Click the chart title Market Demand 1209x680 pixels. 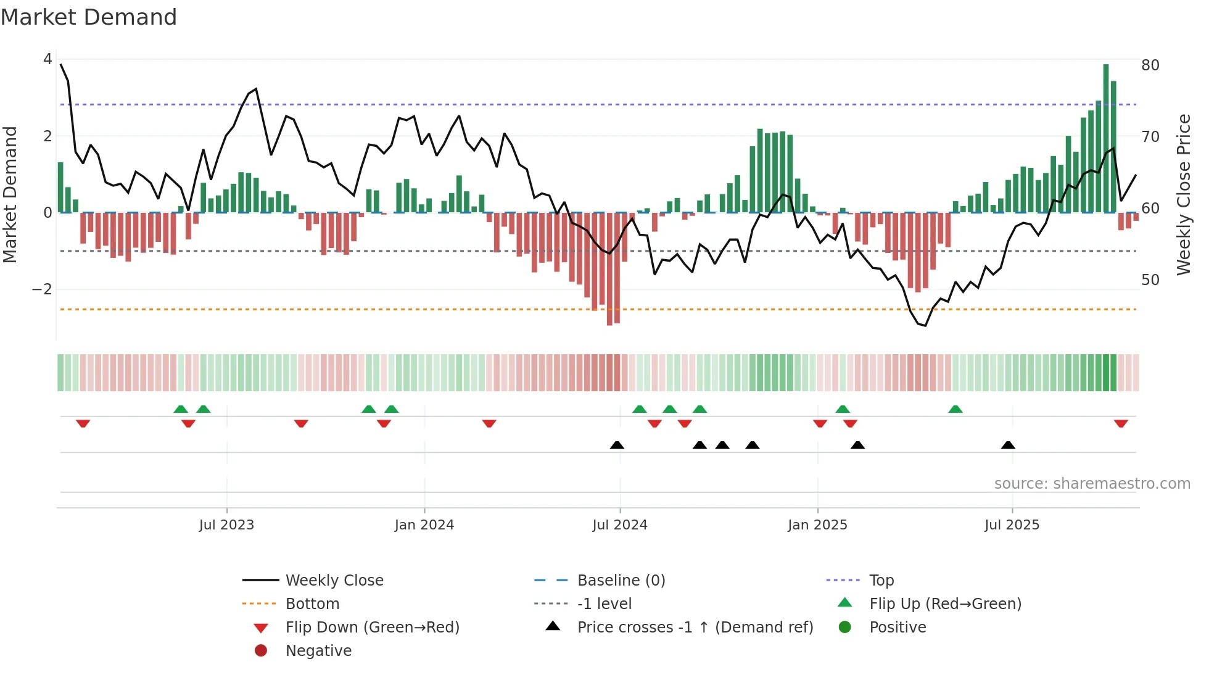coord(89,17)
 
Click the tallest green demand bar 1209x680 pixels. coord(1106,138)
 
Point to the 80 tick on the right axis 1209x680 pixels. coord(1150,65)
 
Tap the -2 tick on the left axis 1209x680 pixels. coord(42,289)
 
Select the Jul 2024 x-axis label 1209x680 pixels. coord(620,525)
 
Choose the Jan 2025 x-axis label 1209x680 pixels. coord(817,525)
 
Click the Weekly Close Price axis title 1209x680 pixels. coord(1183,194)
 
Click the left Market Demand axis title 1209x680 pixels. coord(10,194)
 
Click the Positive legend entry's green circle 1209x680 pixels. coord(845,628)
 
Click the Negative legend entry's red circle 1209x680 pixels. coord(261,651)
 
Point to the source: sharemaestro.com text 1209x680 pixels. coord(1092,484)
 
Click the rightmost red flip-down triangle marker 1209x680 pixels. coord(1121,423)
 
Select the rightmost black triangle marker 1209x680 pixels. coord(1008,445)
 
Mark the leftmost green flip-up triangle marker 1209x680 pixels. coord(181,409)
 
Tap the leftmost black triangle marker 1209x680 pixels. coord(617,445)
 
